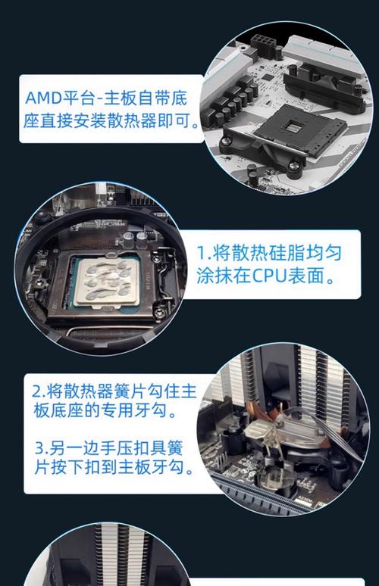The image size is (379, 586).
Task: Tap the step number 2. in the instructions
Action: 39,392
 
